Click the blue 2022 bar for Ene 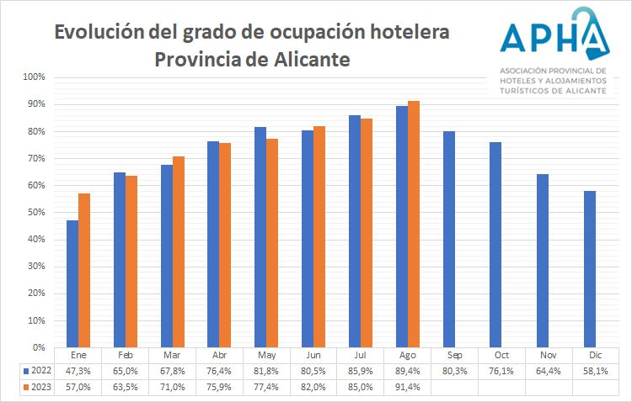click(72, 283)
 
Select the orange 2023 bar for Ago click(414, 224)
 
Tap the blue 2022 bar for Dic click(590, 269)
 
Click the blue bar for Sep click(449, 239)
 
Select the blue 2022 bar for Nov click(543, 261)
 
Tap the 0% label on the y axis click(39, 347)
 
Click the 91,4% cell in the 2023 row click(408, 387)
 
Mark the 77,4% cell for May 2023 click(266, 387)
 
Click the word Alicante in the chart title click(308, 61)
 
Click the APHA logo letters click(552, 34)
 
